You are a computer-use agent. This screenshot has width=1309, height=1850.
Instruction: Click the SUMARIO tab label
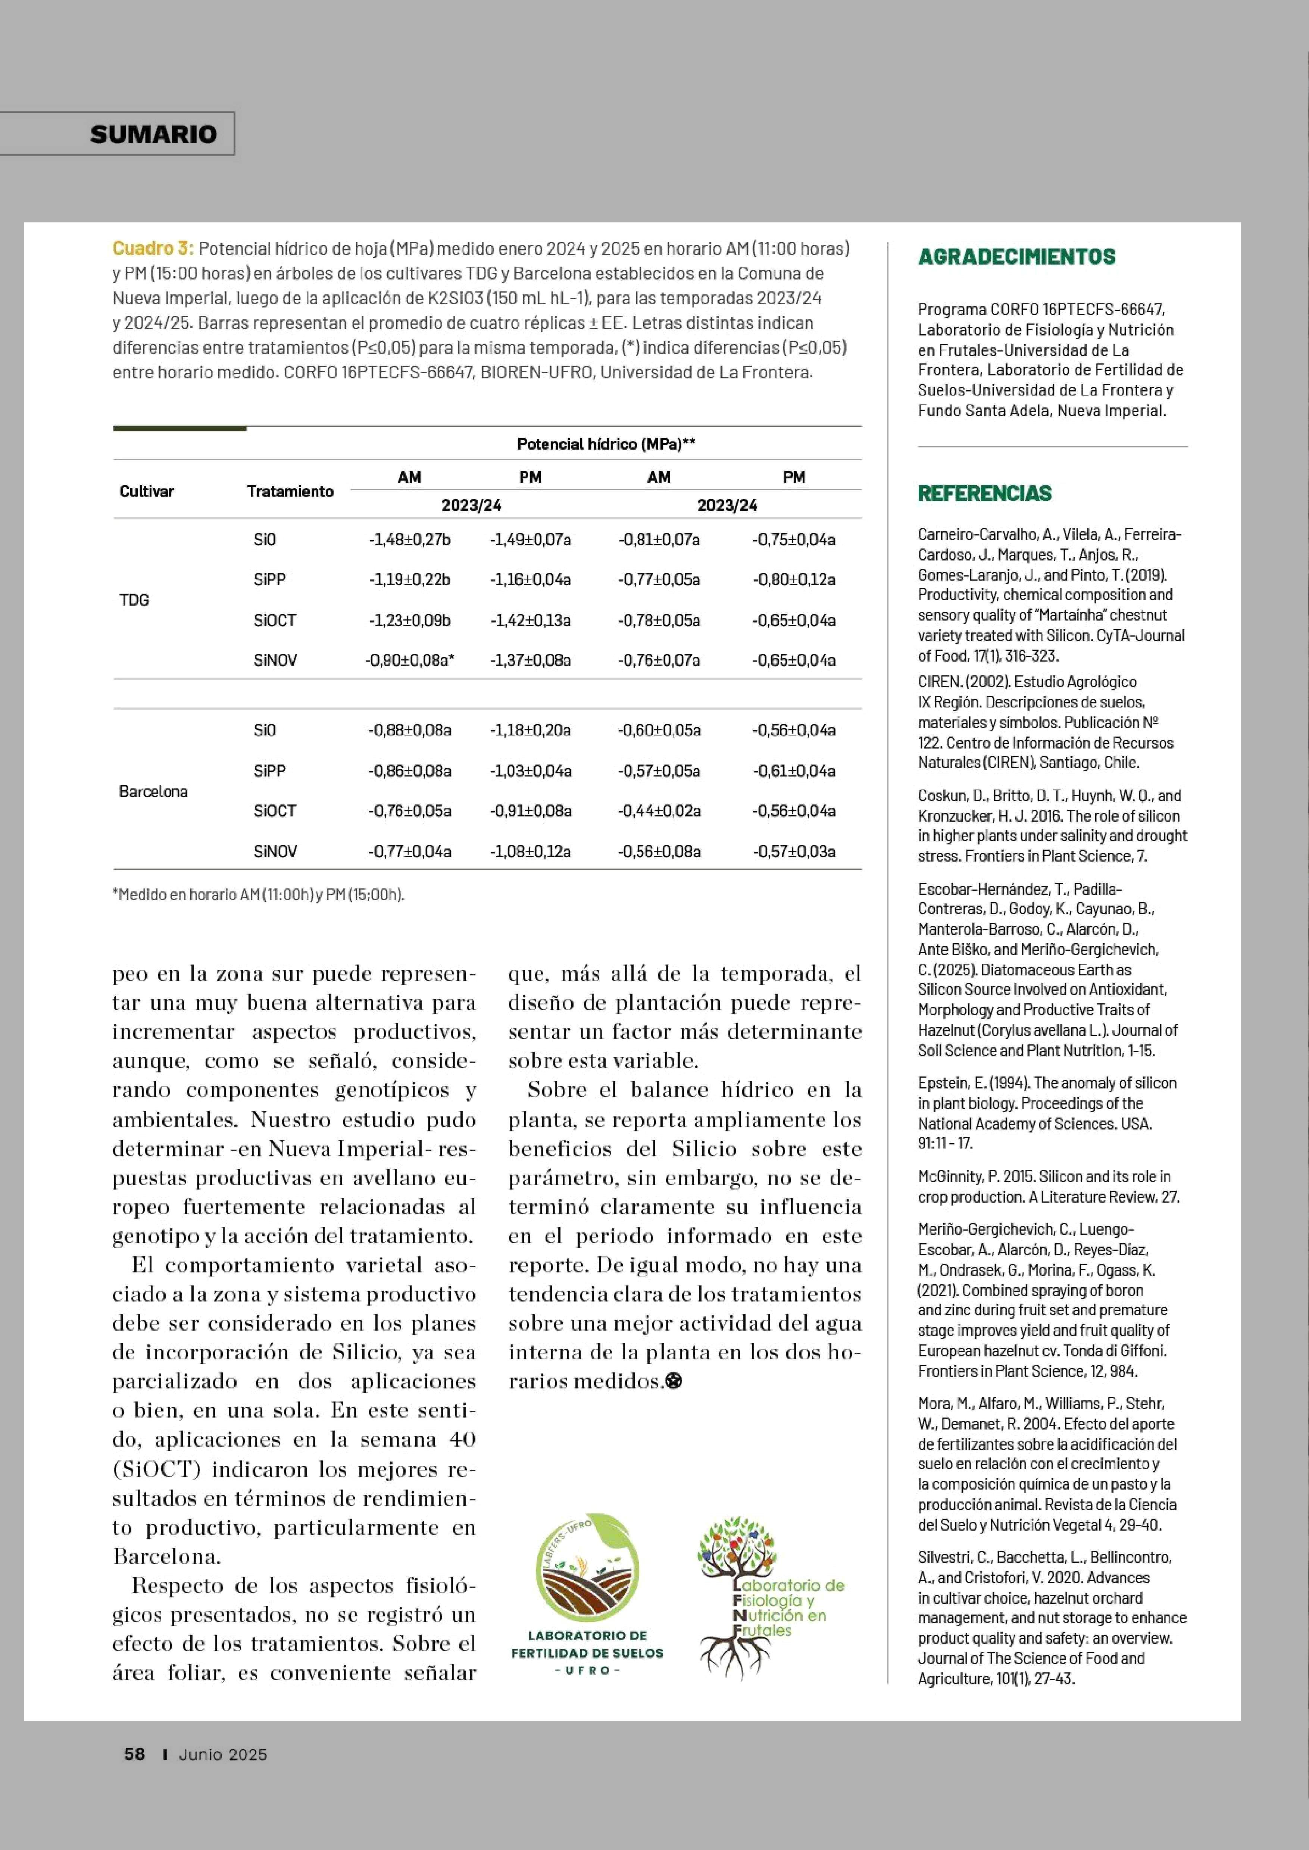[153, 134]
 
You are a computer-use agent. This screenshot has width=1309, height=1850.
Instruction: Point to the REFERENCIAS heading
[984, 493]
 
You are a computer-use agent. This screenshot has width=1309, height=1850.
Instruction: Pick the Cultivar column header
[147, 491]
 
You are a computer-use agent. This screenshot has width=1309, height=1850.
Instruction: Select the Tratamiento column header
[290, 491]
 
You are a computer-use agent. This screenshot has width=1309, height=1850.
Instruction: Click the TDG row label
[134, 600]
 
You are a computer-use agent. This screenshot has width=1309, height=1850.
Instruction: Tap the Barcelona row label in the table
[153, 791]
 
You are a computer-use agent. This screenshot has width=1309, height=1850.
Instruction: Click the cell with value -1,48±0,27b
[409, 539]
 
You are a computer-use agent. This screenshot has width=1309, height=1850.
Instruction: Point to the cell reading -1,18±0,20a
[530, 730]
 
